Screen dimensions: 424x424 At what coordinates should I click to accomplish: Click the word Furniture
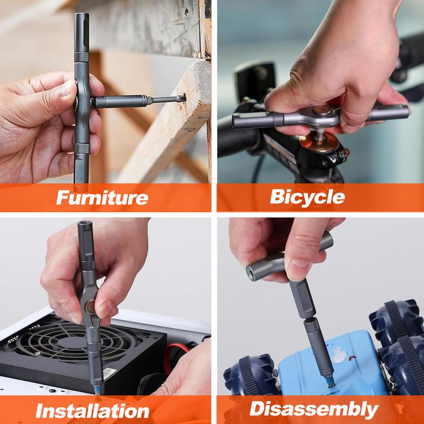click(x=102, y=197)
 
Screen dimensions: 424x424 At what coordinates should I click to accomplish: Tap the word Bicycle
click(x=307, y=197)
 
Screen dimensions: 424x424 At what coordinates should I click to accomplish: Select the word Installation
click(x=92, y=411)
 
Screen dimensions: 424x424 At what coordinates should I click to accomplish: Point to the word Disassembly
click(x=314, y=409)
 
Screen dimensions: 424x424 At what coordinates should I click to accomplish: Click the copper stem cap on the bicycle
click(x=319, y=142)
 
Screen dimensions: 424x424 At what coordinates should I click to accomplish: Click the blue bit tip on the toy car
click(x=330, y=382)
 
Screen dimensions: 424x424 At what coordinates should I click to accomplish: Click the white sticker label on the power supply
click(x=110, y=373)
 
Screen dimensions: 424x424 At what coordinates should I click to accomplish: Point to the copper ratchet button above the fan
click(x=90, y=307)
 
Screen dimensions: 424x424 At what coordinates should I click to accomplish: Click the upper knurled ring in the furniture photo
click(x=82, y=57)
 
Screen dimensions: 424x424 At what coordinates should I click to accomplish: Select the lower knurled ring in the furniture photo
click(x=82, y=148)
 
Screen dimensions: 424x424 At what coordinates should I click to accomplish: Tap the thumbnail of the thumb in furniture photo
click(x=67, y=88)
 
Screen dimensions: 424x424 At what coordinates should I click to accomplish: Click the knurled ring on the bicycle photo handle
click(x=278, y=120)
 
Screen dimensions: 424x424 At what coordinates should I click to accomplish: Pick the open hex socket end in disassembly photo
click(x=251, y=273)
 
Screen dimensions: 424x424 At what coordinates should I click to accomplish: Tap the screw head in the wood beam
click(x=187, y=12)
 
